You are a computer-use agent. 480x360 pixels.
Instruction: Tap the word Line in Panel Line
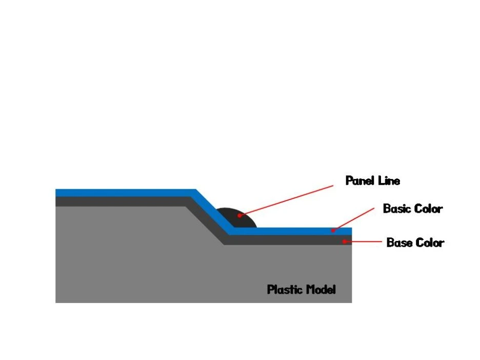click(x=389, y=181)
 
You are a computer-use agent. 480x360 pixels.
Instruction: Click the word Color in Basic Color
click(x=428, y=209)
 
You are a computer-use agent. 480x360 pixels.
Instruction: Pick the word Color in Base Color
click(x=430, y=243)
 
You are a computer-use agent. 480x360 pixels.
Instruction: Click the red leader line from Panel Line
click(x=287, y=201)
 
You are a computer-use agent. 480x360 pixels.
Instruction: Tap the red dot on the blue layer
click(x=333, y=231)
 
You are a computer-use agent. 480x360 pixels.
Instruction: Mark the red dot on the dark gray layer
click(x=345, y=241)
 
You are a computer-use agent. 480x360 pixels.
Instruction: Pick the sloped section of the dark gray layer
click(x=205, y=221)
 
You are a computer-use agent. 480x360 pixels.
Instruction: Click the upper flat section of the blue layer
click(x=123, y=193)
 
